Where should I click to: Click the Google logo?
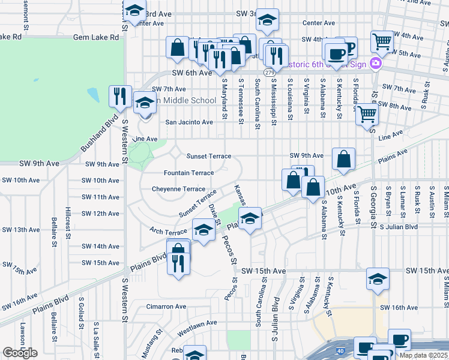[x=19, y=353]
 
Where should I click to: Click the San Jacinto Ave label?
[x=189, y=122]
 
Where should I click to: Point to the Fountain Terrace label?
[x=189, y=173]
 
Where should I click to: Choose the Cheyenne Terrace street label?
[x=178, y=188]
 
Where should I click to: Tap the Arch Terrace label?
[x=168, y=232]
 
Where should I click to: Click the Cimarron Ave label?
[x=167, y=307]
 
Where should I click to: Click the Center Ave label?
[x=318, y=23]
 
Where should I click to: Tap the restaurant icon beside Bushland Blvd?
[x=119, y=96]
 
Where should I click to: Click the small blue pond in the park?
[x=93, y=95]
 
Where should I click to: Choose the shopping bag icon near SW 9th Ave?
[x=343, y=159]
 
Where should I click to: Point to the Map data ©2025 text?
[x=424, y=355]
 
